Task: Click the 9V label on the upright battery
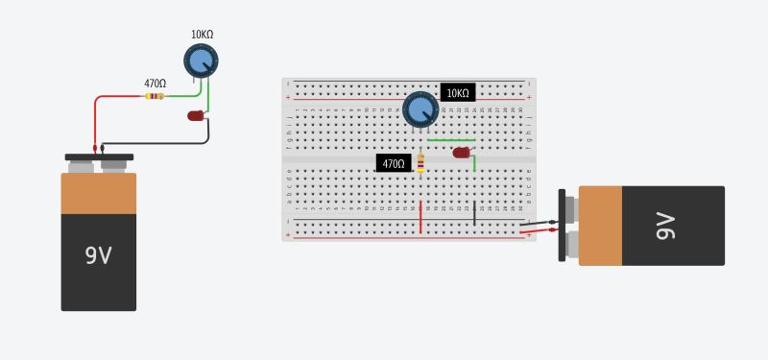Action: click(98, 255)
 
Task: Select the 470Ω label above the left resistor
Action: click(155, 84)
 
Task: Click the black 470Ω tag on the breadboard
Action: click(394, 164)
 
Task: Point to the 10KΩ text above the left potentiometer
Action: click(202, 35)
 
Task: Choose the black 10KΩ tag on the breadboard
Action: click(458, 93)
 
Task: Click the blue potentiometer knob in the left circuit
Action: click(201, 61)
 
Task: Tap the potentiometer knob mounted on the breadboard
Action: click(420, 108)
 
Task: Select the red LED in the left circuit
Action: click(196, 116)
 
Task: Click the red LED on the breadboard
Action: click(461, 153)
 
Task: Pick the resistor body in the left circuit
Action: click(154, 96)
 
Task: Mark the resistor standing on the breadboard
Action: click(420, 164)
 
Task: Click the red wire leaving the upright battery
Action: click(95, 120)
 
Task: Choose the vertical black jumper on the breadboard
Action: click(474, 212)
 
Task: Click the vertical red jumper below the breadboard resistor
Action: click(420, 217)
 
